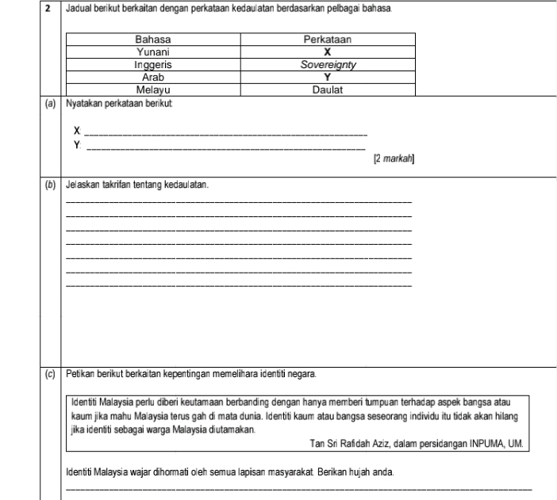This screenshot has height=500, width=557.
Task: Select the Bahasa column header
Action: [x=155, y=38]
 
